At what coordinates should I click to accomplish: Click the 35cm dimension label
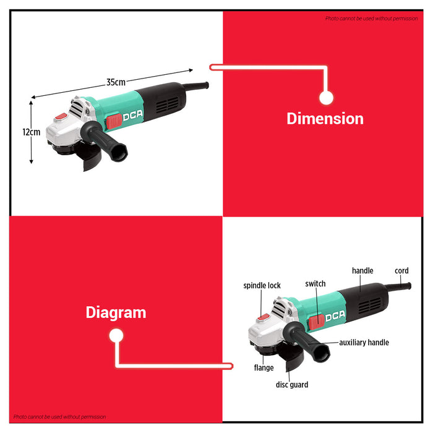click(116, 82)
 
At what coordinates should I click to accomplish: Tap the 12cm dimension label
click(32, 132)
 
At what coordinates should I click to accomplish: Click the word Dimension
click(325, 119)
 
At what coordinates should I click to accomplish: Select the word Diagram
click(116, 313)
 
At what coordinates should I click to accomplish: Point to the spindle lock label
click(262, 285)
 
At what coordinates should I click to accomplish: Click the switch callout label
click(315, 283)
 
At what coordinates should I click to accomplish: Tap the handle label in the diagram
click(362, 271)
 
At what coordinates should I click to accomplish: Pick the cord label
click(401, 271)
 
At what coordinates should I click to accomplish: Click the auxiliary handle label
click(364, 343)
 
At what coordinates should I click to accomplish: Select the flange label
click(264, 367)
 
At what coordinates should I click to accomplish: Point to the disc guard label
click(292, 385)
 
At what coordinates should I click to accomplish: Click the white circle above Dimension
click(327, 98)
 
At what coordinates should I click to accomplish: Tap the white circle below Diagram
click(116, 336)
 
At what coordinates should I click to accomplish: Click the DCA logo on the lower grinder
click(335, 315)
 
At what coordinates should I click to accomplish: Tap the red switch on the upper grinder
click(114, 121)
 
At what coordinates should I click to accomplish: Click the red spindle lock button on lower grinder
click(263, 317)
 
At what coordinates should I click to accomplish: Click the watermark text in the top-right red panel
click(371, 19)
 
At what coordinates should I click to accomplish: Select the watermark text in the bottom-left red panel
click(59, 417)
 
